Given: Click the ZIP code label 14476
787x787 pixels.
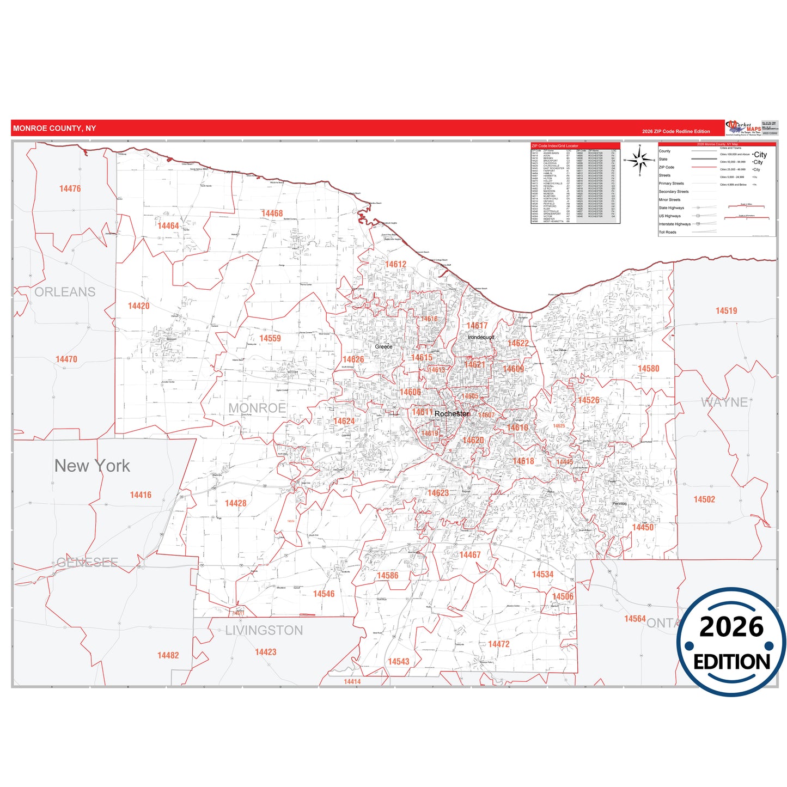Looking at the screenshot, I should pos(70,188).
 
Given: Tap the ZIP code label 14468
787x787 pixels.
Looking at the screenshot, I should pos(272,213).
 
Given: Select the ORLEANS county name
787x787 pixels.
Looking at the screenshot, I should pos(65,292).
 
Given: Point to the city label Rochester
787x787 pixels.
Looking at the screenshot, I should pos(452,414).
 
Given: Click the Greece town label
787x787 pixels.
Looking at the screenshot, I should pos(383,346).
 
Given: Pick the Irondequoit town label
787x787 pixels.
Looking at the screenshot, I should pos(481,337).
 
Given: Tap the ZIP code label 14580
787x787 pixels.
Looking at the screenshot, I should pos(648,369).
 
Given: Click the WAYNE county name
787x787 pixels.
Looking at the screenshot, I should pos(724,402).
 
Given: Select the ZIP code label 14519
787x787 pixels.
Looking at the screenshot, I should pos(726,311).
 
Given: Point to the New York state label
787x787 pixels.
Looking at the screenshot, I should pos(92,466).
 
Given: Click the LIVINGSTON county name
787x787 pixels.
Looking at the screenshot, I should pos(264,630).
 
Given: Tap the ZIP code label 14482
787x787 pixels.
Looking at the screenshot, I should pos(168,655).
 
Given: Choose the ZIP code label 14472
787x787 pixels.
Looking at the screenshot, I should pos(498,644).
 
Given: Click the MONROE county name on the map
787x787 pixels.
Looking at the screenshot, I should pos(257,408).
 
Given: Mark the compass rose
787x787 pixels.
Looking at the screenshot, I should pos(640,160).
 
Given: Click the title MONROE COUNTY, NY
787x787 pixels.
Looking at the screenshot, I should pos(54,129).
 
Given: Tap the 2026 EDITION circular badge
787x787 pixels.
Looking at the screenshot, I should pos(731,642).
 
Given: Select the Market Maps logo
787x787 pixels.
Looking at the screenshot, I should pos(743,127).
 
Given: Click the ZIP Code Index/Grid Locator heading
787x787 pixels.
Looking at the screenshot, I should pos(555,146).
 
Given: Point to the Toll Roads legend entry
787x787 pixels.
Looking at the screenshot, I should pos(667,232).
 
